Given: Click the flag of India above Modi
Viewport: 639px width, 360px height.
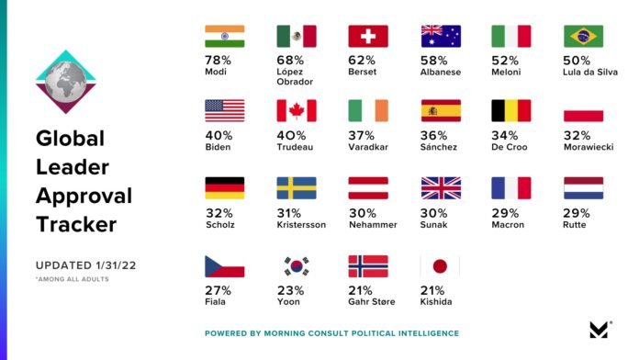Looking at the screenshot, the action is click(225, 36).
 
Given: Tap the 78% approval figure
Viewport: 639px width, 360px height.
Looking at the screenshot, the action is click(218, 61).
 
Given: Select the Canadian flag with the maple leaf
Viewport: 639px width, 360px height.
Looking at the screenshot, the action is click(297, 110).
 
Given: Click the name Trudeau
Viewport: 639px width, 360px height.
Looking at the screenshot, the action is click(295, 147).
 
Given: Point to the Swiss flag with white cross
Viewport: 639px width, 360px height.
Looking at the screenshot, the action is click(368, 36).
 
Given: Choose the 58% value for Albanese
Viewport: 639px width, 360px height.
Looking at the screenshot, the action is click(433, 61).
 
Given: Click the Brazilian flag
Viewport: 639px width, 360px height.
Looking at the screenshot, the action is click(583, 36).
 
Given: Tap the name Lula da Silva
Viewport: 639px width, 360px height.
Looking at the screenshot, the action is click(590, 73).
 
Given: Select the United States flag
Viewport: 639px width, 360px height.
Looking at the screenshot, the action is click(225, 110).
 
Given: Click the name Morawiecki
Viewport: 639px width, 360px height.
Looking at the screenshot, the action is click(589, 147).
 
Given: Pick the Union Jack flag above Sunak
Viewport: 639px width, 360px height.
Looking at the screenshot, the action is click(441, 188).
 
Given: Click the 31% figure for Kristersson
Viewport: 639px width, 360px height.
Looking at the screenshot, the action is click(288, 213).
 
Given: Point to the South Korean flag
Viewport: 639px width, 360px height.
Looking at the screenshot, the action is click(297, 266).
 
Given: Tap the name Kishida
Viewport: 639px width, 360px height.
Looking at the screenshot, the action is click(436, 302).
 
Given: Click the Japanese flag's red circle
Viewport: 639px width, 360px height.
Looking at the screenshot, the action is click(440, 266).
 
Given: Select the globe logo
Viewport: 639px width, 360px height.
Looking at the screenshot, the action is click(65, 82).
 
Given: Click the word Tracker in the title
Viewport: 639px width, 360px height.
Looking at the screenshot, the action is click(76, 224).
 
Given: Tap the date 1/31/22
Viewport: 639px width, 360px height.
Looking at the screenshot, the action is click(116, 265).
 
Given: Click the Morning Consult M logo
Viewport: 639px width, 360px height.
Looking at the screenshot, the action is click(599, 330).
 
